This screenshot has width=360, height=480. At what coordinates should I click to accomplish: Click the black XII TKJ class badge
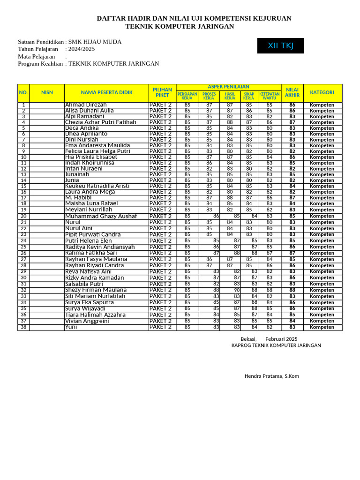280,45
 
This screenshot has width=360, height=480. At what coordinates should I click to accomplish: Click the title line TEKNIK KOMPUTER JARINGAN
180,26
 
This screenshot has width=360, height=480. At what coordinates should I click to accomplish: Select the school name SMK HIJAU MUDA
95,42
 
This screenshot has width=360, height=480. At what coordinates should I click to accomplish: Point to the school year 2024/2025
82,49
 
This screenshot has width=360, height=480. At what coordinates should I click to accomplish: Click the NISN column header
47,93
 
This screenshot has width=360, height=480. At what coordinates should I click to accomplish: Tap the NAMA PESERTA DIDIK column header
106,93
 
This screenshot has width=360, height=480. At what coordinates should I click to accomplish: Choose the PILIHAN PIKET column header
162,93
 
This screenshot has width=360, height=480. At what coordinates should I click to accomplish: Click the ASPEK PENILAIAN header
228,87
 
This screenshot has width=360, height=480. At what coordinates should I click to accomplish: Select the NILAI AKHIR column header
292,93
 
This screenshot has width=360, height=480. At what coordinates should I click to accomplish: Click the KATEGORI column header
322,93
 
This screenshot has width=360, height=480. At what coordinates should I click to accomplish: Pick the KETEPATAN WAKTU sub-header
270,96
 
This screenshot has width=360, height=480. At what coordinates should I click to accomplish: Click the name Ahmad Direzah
86,105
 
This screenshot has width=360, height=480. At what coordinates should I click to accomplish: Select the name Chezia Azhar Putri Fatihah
100,122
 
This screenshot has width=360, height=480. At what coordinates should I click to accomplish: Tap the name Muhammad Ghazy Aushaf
101,216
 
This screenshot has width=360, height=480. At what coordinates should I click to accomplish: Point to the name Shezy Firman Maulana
96,290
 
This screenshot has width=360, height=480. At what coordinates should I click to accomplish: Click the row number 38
23,327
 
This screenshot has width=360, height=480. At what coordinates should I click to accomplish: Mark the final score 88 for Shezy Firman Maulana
292,290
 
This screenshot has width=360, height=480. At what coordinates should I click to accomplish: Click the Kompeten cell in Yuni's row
322,327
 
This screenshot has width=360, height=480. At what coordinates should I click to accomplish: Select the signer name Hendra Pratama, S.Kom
271,376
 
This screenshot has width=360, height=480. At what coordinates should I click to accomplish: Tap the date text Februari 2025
281,339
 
